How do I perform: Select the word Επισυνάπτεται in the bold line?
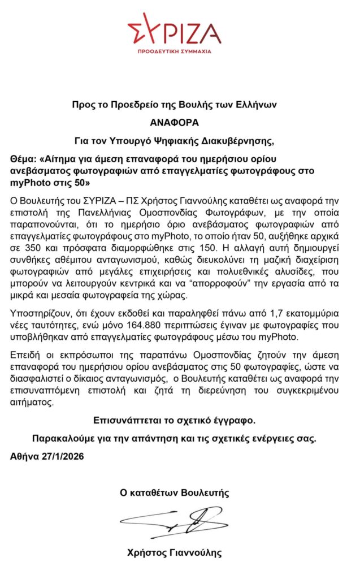coord(125,421)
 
